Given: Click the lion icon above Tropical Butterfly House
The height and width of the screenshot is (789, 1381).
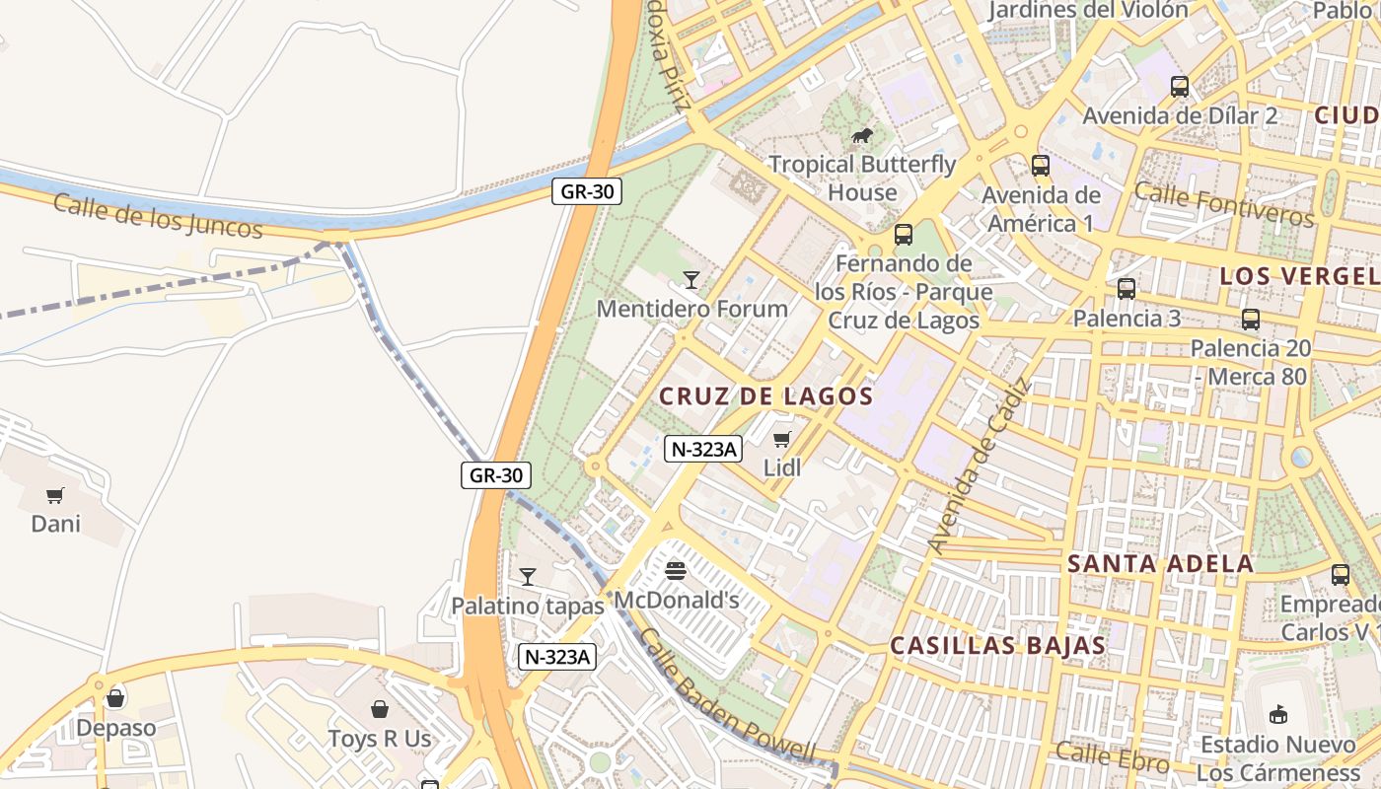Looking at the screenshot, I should tap(861, 135).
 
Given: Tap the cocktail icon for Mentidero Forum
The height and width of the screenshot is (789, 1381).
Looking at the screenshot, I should tap(691, 280).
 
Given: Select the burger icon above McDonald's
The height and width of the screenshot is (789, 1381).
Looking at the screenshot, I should tap(676, 570).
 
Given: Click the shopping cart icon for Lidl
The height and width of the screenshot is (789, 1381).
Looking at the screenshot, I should tap(782, 439).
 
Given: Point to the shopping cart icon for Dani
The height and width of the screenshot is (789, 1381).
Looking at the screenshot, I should tap(55, 495).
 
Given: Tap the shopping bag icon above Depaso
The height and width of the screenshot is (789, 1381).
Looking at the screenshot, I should tap(115, 698).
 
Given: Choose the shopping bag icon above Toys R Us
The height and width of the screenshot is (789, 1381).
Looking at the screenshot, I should tap(379, 709).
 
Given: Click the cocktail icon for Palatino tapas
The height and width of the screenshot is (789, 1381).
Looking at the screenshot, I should tap(528, 576).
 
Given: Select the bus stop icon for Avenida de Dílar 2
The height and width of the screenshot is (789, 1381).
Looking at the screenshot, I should tap(1180, 87).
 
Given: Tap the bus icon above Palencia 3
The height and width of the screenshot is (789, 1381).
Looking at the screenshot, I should tap(1127, 289).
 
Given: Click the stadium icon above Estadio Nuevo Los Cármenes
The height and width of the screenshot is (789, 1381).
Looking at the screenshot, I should tap(1278, 714).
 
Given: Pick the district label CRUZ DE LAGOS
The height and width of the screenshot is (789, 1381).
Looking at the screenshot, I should tap(765, 396).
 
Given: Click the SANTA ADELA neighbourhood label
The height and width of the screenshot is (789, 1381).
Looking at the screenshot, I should tap(1160, 564).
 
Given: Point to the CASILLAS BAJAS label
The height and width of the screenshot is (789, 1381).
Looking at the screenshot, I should tap(997, 646).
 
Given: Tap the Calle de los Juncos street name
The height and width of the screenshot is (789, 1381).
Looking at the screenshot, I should tap(158, 215).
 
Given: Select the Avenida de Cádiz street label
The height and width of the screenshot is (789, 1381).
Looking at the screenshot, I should tap(979, 466).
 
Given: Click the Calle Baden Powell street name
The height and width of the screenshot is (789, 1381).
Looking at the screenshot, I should tap(727, 697).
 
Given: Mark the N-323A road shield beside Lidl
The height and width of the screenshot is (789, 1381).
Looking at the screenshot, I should tap(702, 449).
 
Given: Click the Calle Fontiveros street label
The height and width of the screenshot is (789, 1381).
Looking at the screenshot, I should tap(1223, 204).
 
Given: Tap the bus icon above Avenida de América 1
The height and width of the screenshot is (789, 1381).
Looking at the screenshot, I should tap(1041, 166).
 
